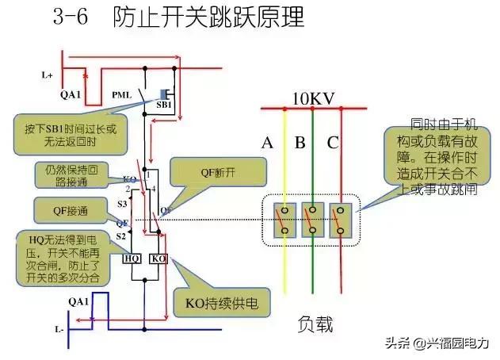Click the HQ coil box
coord(132,259)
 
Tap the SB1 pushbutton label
coord(164,104)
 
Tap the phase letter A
coord(267,143)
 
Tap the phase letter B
coord(300,143)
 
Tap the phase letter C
coord(332,143)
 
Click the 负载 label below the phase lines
coord(315,324)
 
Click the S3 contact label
coord(122,204)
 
